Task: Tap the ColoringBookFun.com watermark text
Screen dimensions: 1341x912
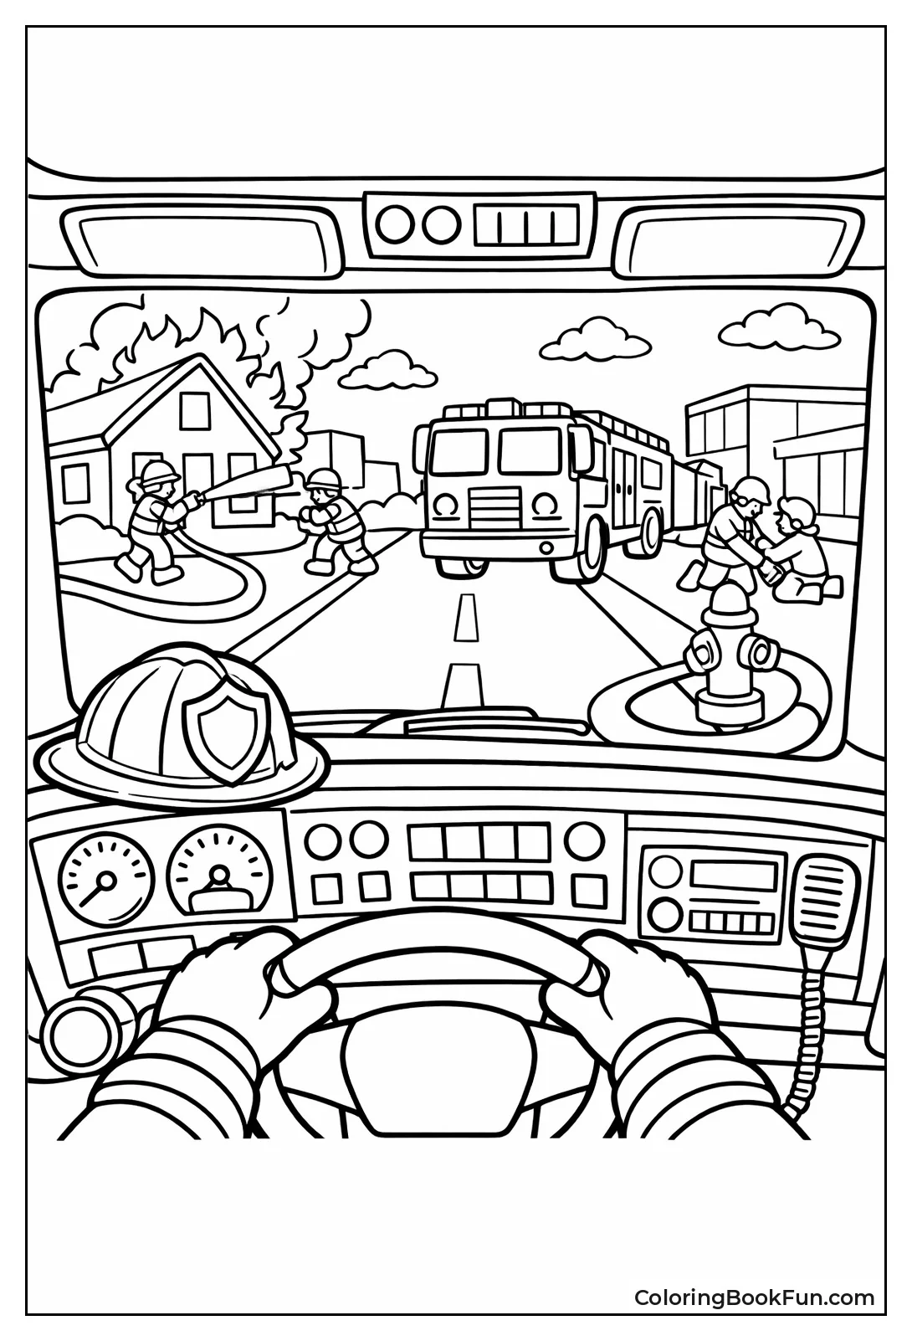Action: (x=753, y=1297)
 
